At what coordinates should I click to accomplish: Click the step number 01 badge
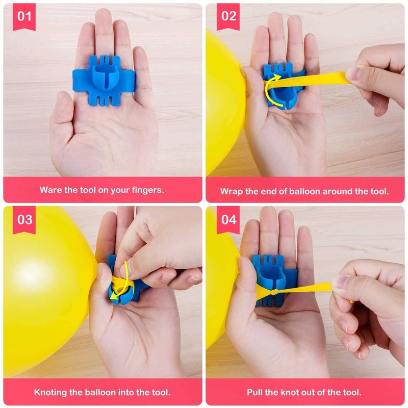(x=24, y=16)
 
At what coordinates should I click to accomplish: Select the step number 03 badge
(x=24, y=220)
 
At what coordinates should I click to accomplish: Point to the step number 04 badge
(x=228, y=220)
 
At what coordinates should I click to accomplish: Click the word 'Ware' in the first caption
(x=51, y=190)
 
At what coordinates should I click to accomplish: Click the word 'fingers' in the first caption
(x=148, y=190)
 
